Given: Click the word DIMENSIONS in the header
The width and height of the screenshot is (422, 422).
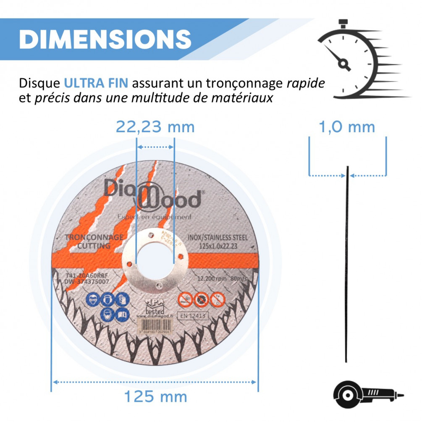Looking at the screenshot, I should click(105, 39).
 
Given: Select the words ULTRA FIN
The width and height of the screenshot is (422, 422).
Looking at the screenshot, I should click(96, 83).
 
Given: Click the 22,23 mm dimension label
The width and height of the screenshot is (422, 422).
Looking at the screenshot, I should click(155, 126).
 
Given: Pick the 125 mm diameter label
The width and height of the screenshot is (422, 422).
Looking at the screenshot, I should click(155, 396).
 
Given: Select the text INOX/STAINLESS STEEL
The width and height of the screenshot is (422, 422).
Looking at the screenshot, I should click(219, 238).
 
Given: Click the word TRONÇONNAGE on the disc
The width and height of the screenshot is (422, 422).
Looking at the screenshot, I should click(94, 238).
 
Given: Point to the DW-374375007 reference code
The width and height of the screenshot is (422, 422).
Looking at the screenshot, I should click(86, 282).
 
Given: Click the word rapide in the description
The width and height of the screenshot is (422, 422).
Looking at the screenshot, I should click(306, 83).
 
